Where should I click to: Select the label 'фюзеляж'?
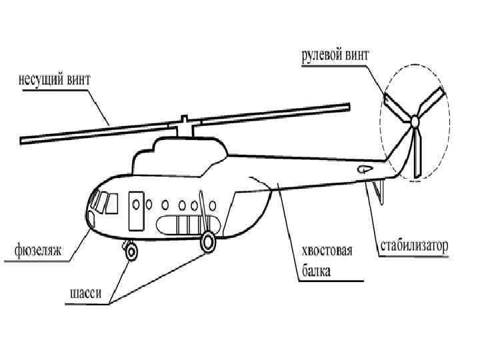pyautogui.click(x=38, y=251)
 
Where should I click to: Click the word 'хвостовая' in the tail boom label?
pyautogui.click(x=327, y=252)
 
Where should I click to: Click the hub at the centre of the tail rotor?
pyautogui.click(x=414, y=121)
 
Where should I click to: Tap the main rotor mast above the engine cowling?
pyautogui.click(x=183, y=127)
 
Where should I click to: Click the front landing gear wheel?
pyautogui.click(x=131, y=251)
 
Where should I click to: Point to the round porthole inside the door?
pyautogui.click(x=136, y=203)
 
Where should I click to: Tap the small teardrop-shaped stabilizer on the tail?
pyautogui.click(x=365, y=169)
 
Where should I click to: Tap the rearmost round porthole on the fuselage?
pyautogui.click(x=213, y=205)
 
